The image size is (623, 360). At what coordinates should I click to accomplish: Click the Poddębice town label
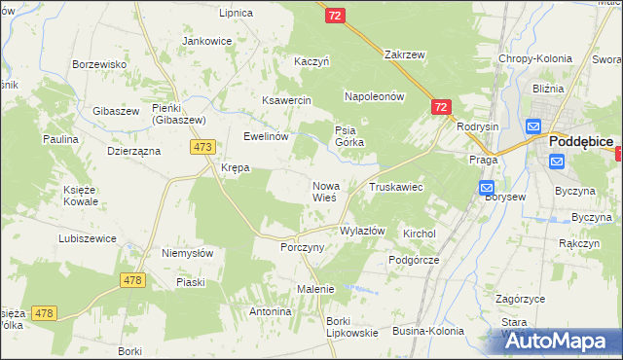(581, 142)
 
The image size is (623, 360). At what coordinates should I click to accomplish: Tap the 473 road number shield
(202, 147)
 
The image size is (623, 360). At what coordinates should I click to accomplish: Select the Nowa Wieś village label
(325, 191)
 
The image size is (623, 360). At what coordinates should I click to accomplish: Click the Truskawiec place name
(395, 186)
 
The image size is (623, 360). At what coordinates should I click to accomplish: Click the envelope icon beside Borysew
(487, 188)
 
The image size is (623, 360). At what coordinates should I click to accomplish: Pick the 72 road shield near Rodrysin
(441, 107)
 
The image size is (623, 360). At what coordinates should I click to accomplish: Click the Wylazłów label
(362, 232)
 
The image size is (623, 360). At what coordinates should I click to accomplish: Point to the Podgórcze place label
(415, 260)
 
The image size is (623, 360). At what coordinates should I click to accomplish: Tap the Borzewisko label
(101, 64)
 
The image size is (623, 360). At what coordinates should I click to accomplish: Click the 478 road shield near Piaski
(133, 280)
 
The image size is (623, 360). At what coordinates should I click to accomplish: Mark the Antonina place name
(271, 311)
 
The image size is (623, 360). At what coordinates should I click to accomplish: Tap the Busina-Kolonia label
(428, 331)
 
